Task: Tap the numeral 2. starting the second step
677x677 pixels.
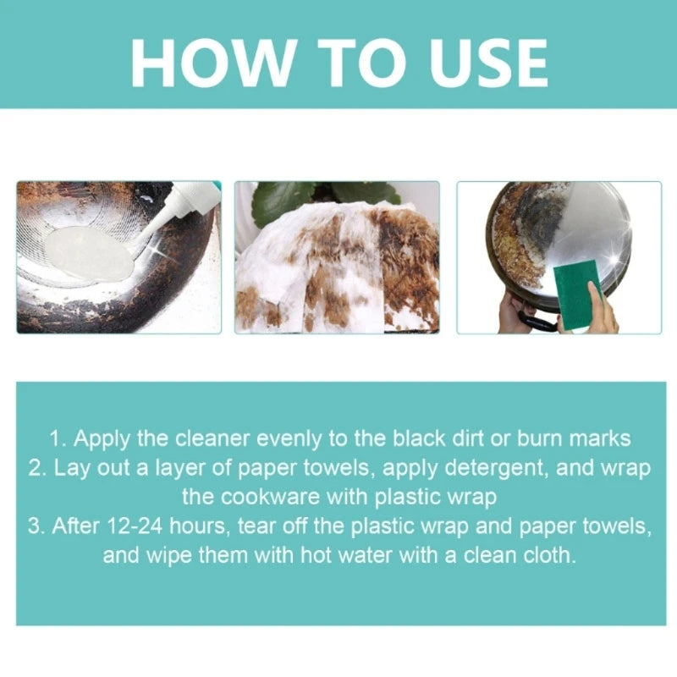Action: pyautogui.click(x=38, y=468)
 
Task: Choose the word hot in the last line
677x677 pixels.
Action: pyautogui.click(x=316, y=555)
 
